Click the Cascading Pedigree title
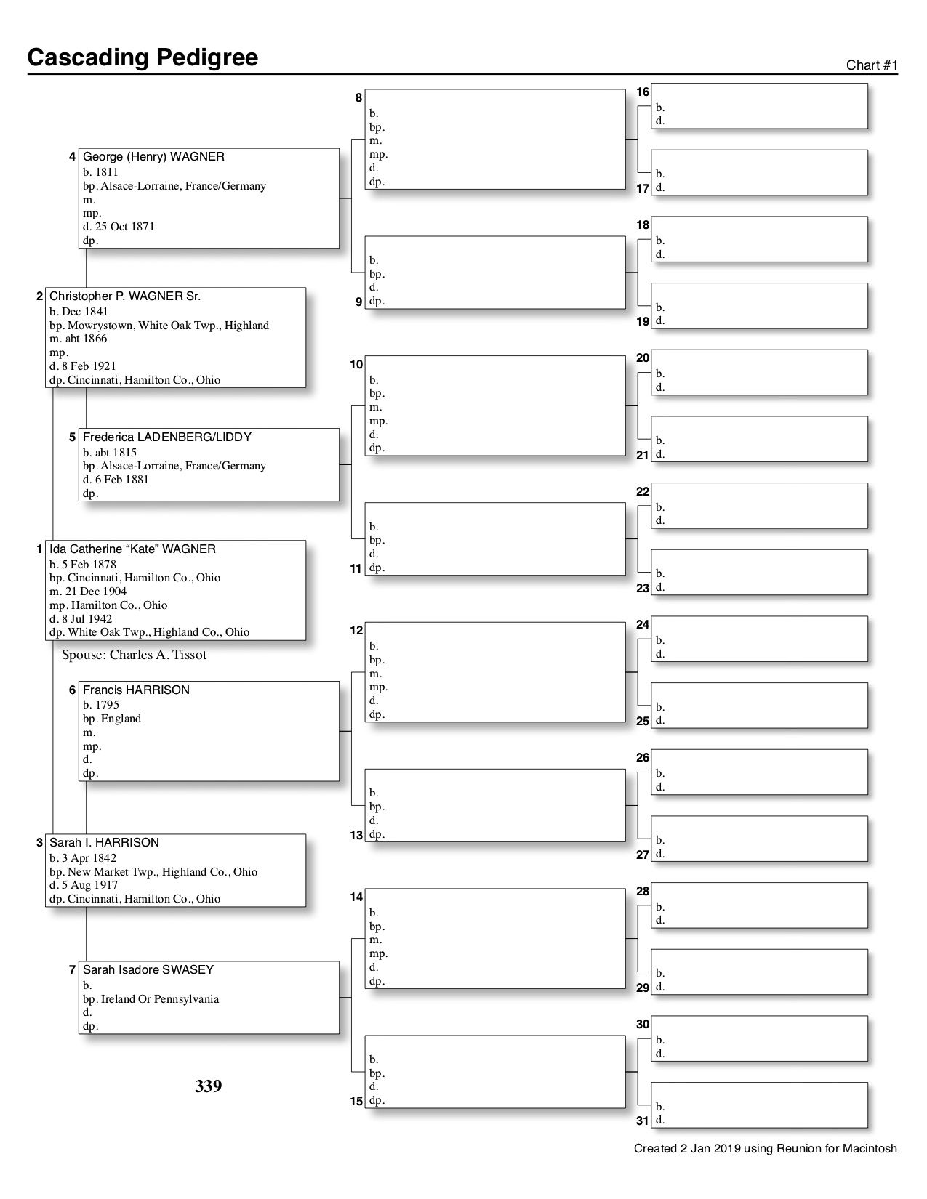point(143,57)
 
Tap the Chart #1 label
point(872,65)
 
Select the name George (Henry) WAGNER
point(153,157)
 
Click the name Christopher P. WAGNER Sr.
point(125,296)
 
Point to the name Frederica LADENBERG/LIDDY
point(167,437)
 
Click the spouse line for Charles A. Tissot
point(134,655)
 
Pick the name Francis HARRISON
point(136,690)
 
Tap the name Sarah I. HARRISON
point(104,843)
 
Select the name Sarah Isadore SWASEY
point(148,970)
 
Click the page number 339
point(208,1087)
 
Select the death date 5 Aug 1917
point(88,885)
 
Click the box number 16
point(643,92)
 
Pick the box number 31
point(643,1121)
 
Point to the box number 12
point(356,631)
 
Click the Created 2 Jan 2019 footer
point(765,1149)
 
